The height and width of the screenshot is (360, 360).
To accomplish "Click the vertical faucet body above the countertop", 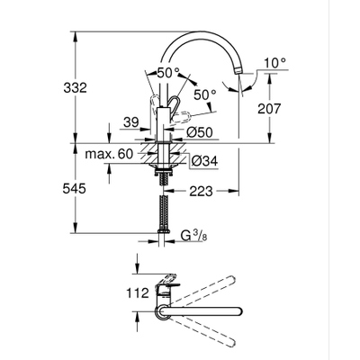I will click(163, 121).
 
